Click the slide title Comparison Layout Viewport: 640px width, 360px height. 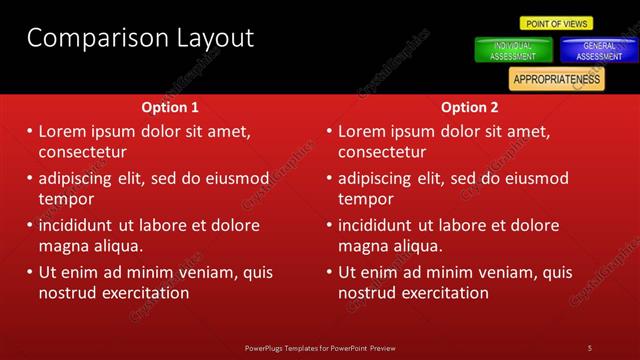[140, 39]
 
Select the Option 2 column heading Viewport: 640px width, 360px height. [469, 107]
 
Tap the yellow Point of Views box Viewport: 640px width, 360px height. [556, 23]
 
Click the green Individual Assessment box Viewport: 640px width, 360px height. [512, 51]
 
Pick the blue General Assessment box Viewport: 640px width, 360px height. [598, 51]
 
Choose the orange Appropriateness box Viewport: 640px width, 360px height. [556, 78]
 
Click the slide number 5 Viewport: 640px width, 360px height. [590, 347]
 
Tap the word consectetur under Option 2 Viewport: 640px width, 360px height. [382, 152]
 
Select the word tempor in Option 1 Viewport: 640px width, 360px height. [66, 199]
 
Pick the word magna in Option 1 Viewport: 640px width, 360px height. [63, 246]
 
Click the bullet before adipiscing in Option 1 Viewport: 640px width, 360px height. [31, 179]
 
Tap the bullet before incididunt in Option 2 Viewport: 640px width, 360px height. [331, 226]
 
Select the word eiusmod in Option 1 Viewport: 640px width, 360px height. [237, 179]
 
